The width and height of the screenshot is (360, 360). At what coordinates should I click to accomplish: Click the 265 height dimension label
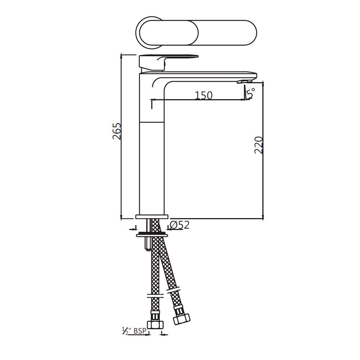pos(116,131)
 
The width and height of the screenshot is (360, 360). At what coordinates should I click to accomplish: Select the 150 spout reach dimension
pos(203,95)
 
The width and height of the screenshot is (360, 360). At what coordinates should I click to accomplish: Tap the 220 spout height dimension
pos(259,145)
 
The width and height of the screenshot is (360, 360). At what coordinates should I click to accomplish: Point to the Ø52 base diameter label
pos(179,225)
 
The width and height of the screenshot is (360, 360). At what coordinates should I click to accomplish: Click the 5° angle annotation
pos(251,93)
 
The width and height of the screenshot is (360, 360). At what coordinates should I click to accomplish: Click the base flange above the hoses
pos(152,217)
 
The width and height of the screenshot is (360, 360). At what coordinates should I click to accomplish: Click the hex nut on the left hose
pos(155,320)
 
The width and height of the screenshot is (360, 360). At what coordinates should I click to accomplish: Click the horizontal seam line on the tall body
pos(152,122)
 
